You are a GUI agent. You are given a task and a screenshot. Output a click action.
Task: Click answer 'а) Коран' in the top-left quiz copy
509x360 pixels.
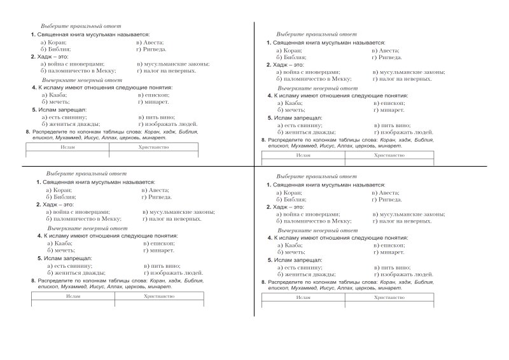click(x=53, y=41)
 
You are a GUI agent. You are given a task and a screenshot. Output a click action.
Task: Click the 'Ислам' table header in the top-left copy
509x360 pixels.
click(x=67, y=147)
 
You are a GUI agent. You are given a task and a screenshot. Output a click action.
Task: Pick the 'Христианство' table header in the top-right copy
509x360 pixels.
click(x=389, y=155)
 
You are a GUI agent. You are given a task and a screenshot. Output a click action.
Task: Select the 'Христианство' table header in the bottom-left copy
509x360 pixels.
click(x=158, y=296)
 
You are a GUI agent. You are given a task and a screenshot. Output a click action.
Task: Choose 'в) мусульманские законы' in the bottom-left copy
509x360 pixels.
click(x=178, y=212)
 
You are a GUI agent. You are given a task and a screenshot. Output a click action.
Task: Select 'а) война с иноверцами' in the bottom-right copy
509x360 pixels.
click(x=308, y=214)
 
